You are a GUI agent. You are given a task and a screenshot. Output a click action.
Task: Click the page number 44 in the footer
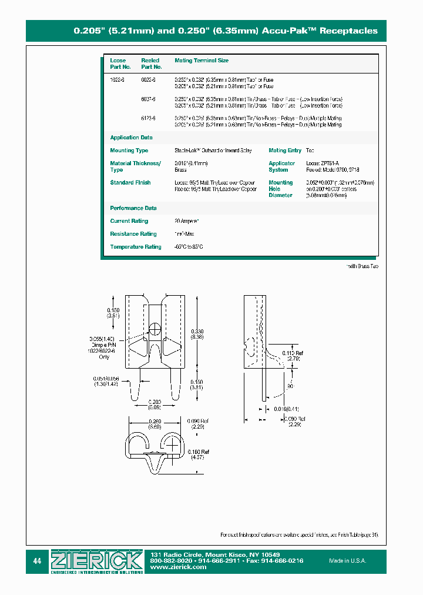37,561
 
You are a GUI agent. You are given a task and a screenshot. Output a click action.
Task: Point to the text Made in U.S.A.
347,561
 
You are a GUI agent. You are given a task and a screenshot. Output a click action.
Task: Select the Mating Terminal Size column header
202,61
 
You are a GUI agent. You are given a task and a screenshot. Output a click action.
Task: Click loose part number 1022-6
117,79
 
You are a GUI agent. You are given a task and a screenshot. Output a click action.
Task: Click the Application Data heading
131,138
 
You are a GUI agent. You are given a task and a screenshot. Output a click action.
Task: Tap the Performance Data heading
133,208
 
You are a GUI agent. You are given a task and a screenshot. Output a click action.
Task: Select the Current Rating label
129,221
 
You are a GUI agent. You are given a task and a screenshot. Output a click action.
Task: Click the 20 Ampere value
187,221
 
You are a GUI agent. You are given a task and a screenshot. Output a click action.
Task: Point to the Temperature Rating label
135,247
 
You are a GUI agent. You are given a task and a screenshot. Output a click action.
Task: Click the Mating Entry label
285,151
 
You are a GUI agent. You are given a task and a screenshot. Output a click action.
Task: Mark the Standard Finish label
130,182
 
